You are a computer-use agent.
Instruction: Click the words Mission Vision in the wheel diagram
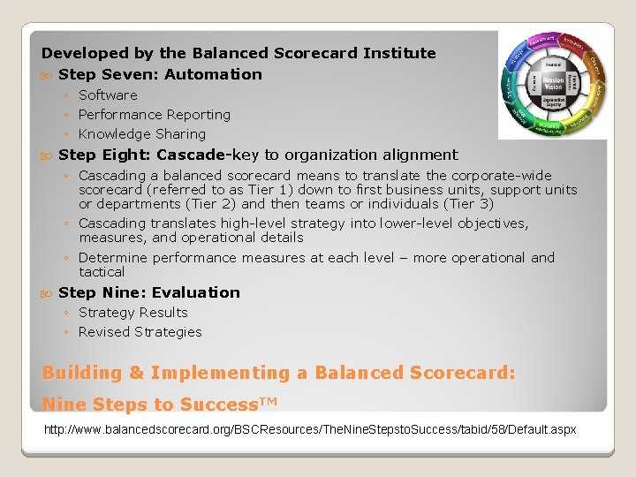(x=552, y=84)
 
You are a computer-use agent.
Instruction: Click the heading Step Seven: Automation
(x=160, y=74)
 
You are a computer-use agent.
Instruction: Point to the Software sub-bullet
(x=108, y=95)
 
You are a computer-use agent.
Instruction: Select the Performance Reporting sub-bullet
(x=154, y=114)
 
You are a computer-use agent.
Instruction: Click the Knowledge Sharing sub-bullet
(x=141, y=134)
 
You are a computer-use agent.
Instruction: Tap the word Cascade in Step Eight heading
(x=193, y=155)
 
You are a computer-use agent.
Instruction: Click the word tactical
(x=102, y=272)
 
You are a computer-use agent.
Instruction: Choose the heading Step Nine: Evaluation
(x=148, y=292)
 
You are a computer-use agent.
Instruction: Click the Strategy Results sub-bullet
(x=132, y=312)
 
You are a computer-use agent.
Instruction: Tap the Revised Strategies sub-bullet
(x=140, y=332)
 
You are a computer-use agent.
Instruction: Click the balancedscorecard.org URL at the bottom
(x=310, y=429)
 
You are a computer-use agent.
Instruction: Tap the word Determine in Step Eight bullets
(x=110, y=258)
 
